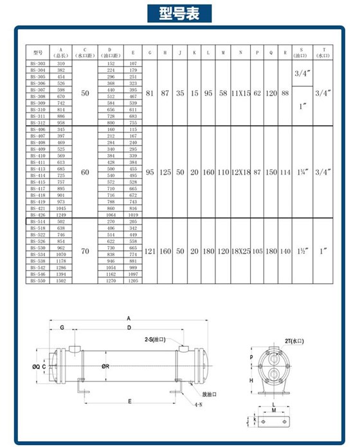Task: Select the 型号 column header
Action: [x=37, y=52]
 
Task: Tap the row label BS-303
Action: [x=37, y=64]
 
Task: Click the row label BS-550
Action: [x=37, y=281]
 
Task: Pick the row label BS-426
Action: [x=37, y=215]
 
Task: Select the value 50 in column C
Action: [x=84, y=94]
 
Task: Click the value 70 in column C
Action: [x=84, y=251]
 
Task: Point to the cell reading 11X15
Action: [x=240, y=94]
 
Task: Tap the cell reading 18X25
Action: [x=240, y=251]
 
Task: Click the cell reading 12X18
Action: [x=240, y=172]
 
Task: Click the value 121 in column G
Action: [x=150, y=251]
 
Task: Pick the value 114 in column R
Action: [x=285, y=172]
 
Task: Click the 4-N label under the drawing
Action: [x=198, y=406]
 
